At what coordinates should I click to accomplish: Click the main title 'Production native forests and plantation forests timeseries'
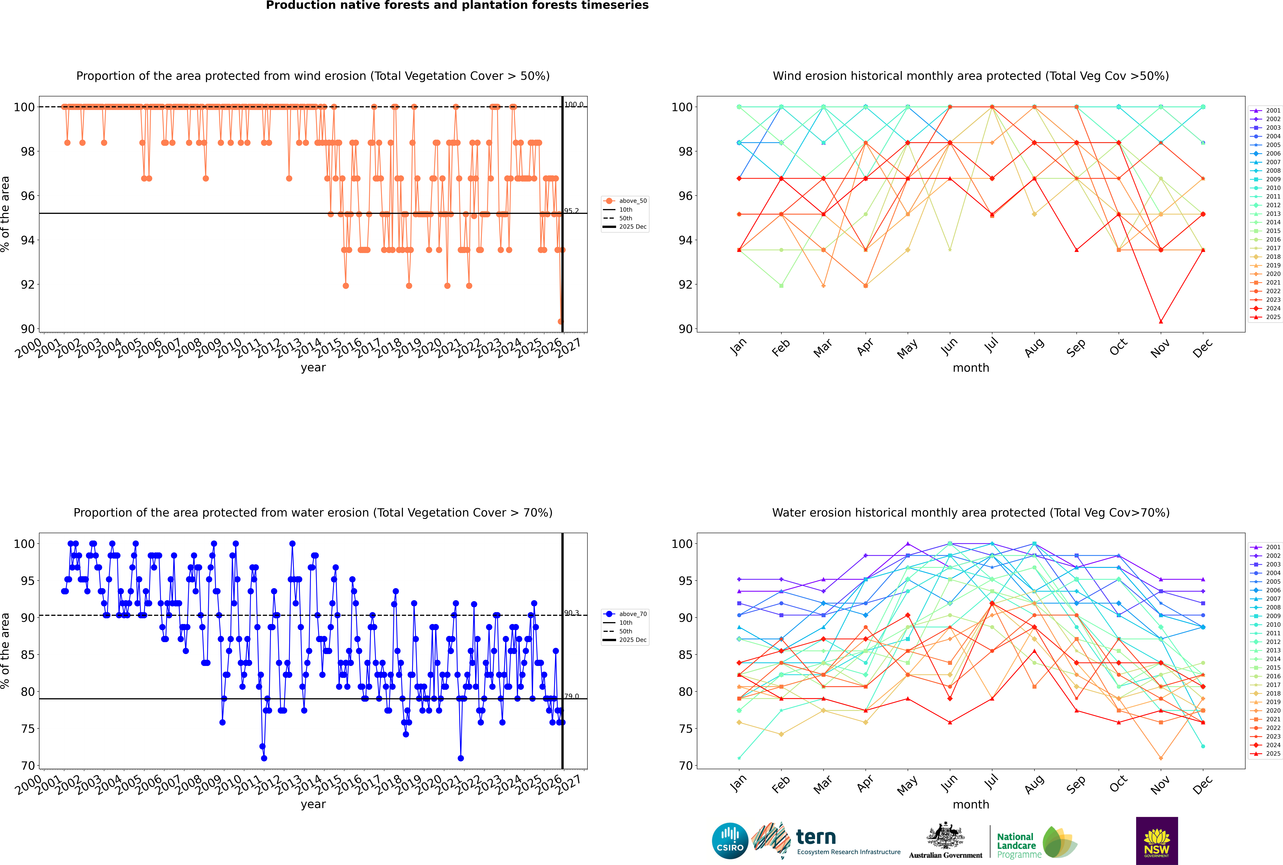(457, 5)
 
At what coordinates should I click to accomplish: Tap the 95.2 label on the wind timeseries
(571, 211)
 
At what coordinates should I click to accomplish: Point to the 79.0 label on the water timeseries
(571, 696)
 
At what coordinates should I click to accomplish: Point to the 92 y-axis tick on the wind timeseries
(28, 285)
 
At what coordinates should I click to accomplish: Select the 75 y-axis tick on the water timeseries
(28, 729)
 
